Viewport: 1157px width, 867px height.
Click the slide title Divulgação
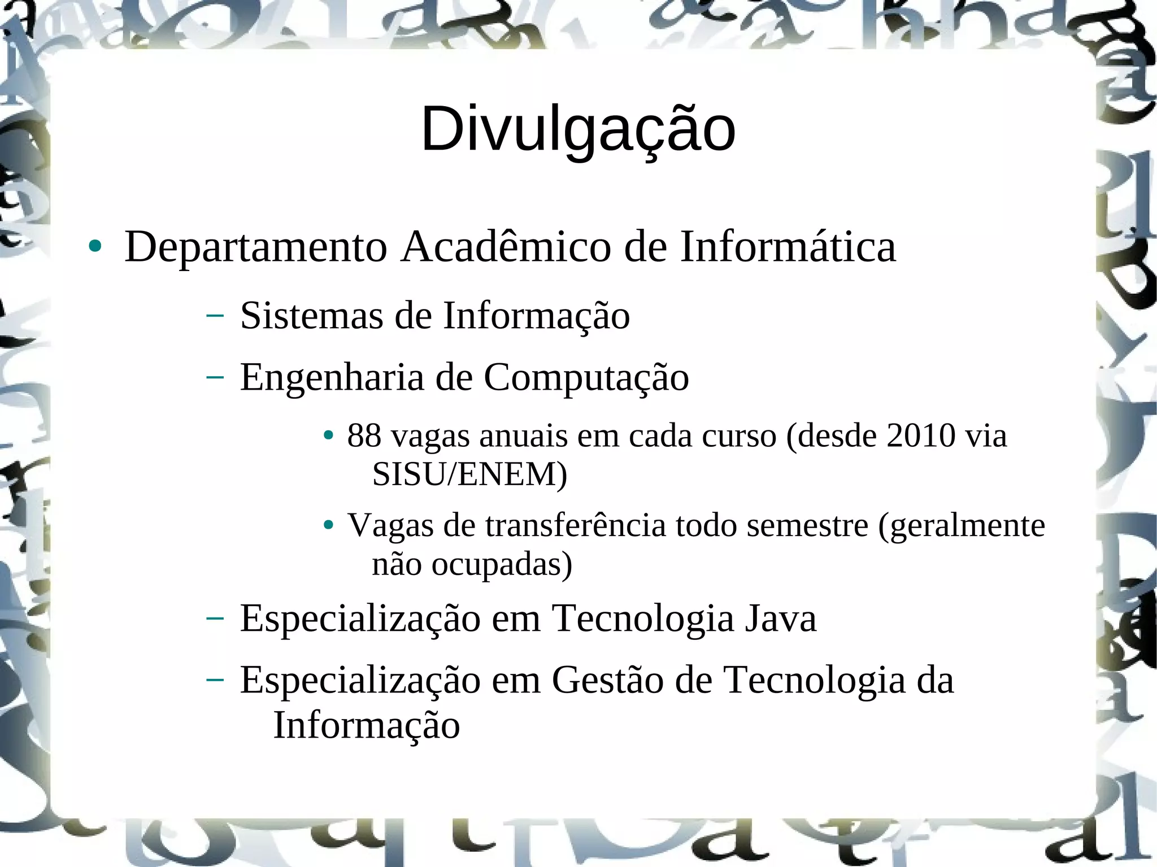[x=578, y=130]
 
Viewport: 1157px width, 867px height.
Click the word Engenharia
[x=332, y=378]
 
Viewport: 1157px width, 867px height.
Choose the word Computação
[x=586, y=378]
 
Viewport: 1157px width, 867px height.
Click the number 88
[x=364, y=435]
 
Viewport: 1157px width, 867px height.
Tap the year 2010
[x=921, y=435]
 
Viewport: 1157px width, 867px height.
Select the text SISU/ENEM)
[x=469, y=474]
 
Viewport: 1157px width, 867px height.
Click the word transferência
[x=575, y=525]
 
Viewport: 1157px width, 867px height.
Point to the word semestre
[x=807, y=525]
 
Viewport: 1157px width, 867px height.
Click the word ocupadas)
[x=502, y=564]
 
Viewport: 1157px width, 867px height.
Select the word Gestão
[x=607, y=680]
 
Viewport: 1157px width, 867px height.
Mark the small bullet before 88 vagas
[x=328, y=436]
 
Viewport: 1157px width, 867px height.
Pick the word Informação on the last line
[x=367, y=725]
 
